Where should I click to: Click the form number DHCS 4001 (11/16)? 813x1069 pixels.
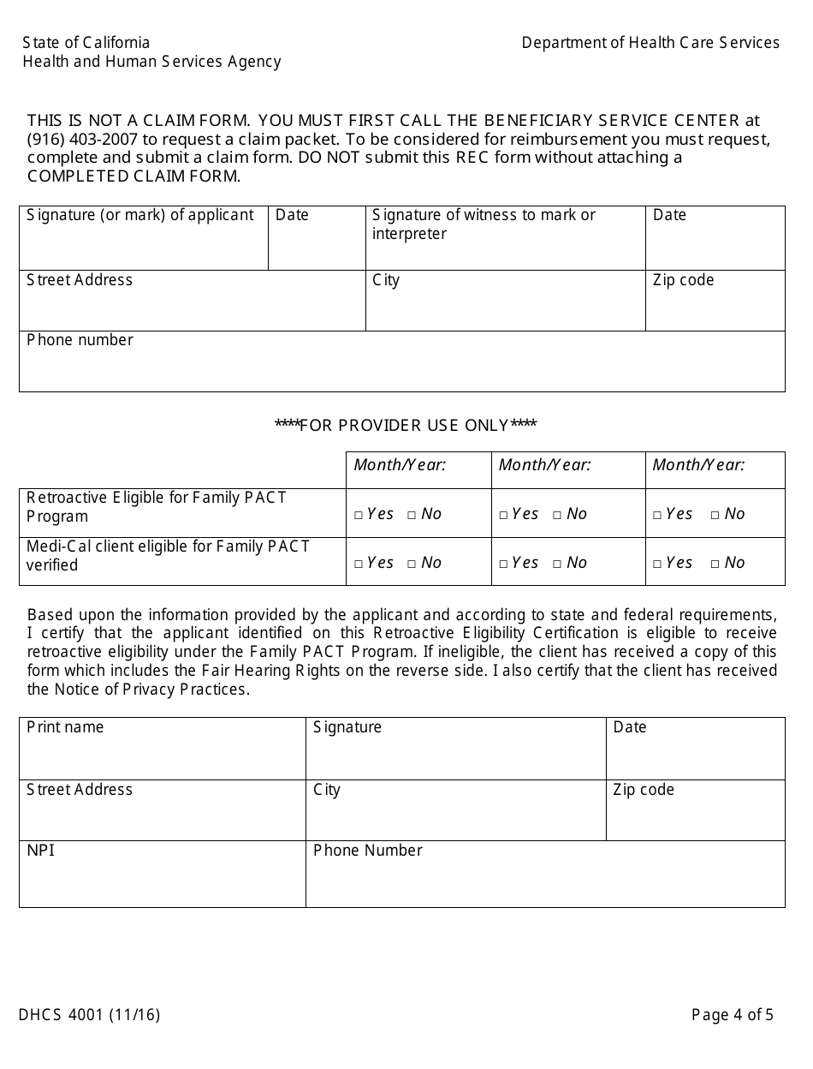(x=89, y=1016)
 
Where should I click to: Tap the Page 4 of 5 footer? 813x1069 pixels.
(x=732, y=1016)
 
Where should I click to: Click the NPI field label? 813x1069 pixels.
(x=40, y=851)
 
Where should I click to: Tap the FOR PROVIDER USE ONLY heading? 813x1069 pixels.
(x=406, y=426)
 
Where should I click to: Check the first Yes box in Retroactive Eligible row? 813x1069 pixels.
(x=359, y=515)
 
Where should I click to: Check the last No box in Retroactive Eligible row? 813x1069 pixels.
(x=715, y=515)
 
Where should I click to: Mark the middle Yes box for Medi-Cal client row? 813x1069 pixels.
(x=504, y=564)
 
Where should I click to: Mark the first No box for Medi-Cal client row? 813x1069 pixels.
(x=412, y=564)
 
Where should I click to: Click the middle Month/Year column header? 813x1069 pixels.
(x=544, y=465)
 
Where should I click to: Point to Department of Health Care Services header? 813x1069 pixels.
(x=650, y=43)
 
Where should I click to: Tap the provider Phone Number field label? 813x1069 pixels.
(x=367, y=851)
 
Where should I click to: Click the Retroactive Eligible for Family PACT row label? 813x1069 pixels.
(x=157, y=506)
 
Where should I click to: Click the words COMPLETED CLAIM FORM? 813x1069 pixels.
(x=134, y=176)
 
